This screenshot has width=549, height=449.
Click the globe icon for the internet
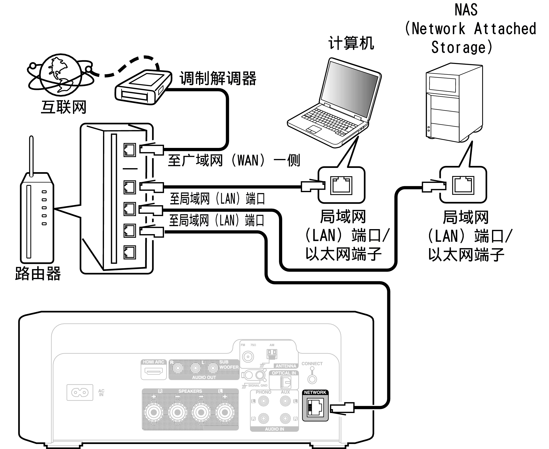click(60, 75)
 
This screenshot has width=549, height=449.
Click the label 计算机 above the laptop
click(351, 43)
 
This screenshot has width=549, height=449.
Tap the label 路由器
click(38, 273)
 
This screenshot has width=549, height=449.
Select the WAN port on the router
click(129, 150)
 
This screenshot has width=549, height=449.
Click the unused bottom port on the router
click(129, 252)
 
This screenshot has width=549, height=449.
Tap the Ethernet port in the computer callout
click(341, 185)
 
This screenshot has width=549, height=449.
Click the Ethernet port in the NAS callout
click(463, 185)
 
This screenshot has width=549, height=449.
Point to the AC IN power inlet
click(80, 392)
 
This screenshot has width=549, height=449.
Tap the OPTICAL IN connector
click(285, 382)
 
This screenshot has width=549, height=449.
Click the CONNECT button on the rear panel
click(312, 379)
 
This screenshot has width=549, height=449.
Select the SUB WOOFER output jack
click(213, 368)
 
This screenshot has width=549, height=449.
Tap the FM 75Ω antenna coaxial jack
click(248, 357)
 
